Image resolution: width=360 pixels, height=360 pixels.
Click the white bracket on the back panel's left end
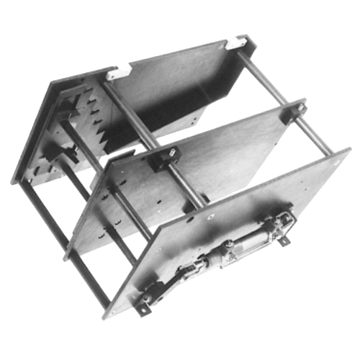pos(119,72)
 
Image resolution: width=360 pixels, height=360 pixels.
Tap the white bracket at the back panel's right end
pos(233,44)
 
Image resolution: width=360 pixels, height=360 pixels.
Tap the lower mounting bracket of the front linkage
pos(147,302)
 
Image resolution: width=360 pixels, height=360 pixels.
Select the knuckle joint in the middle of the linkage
pos(190,270)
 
